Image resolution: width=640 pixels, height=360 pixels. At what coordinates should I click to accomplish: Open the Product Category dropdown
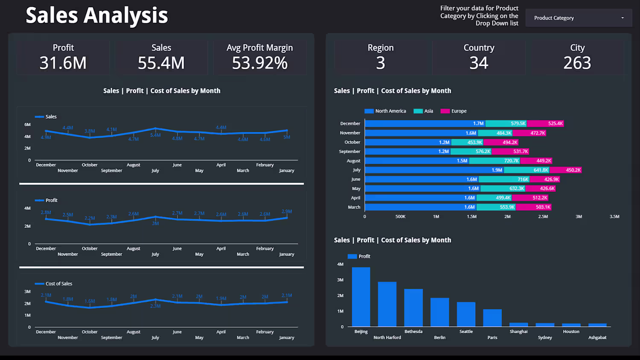click(x=579, y=18)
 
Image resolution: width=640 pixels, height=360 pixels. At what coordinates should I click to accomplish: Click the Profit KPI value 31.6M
click(x=63, y=63)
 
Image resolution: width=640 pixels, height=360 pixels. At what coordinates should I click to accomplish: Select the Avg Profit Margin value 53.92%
click(x=259, y=63)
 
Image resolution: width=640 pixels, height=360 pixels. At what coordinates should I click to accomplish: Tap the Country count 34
click(x=479, y=63)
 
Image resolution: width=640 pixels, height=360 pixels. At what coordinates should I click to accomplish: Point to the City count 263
click(x=577, y=63)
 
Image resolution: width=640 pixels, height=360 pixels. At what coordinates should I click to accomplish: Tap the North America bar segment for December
click(x=425, y=124)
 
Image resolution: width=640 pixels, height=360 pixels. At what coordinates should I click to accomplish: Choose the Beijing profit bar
click(x=361, y=297)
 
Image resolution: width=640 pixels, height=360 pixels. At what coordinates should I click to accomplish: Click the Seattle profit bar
click(x=466, y=314)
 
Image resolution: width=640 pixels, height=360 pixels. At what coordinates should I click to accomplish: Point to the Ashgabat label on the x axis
click(x=597, y=337)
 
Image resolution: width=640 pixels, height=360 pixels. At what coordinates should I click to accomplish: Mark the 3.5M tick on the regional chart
click(x=614, y=217)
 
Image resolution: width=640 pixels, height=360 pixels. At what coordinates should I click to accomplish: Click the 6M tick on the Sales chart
click(x=27, y=125)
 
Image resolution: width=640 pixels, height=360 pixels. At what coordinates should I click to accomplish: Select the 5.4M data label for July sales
click(x=155, y=135)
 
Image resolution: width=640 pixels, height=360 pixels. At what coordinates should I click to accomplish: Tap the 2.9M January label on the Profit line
click(x=287, y=212)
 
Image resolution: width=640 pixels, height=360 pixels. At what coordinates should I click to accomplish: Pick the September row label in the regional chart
click(x=349, y=151)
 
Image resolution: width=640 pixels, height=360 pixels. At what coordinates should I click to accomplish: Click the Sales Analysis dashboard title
click(x=97, y=15)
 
